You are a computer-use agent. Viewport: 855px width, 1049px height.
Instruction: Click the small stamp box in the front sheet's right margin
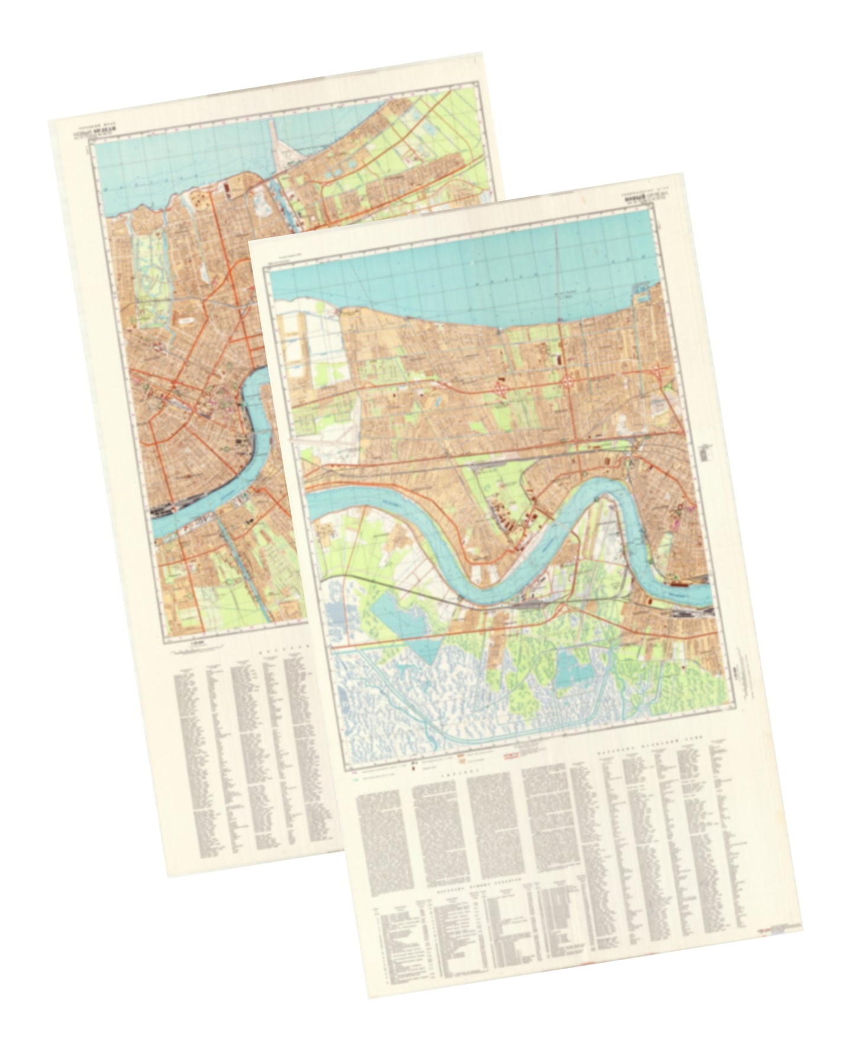pyautogui.click(x=705, y=453)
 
